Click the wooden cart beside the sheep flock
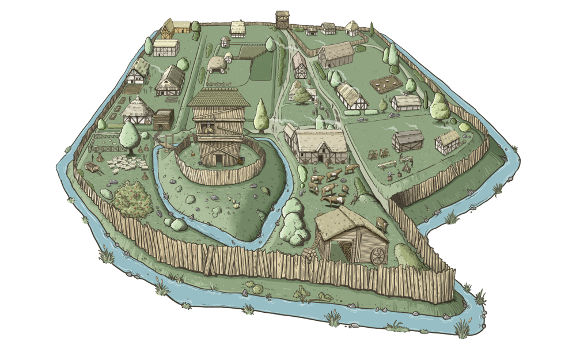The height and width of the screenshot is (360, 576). [x=92, y=168]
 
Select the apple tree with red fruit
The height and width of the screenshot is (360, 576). [x=132, y=199]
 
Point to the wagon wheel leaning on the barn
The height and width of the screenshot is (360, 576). [x=378, y=256]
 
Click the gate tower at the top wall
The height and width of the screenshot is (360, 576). [x=282, y=20]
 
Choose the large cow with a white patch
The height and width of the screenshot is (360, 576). [x=332, y=199]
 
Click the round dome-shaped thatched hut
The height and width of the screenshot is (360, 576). [x=217, y=65]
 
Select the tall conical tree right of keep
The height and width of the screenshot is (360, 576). [x=261, y=114]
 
